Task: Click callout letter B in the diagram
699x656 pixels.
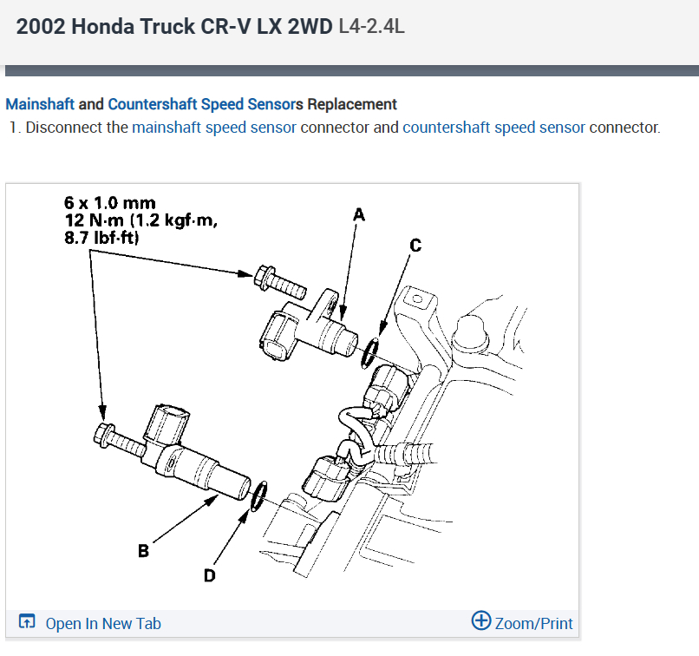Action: (142, 549)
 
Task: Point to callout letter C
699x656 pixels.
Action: (415, 246)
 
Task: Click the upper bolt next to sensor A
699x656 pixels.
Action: (278, 279)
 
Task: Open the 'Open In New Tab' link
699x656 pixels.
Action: (102, 623)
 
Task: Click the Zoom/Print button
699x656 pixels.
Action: (532, 622)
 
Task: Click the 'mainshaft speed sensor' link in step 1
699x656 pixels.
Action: (214, 128)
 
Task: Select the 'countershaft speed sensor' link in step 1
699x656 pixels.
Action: (493, 128)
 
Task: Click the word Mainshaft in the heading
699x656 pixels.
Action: (40, 104)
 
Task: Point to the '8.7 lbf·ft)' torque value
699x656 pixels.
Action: (102, 236)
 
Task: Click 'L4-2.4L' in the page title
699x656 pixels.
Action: (371, 27)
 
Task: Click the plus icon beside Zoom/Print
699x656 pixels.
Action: (480, 621)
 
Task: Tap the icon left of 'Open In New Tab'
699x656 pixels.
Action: (27, 622)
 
